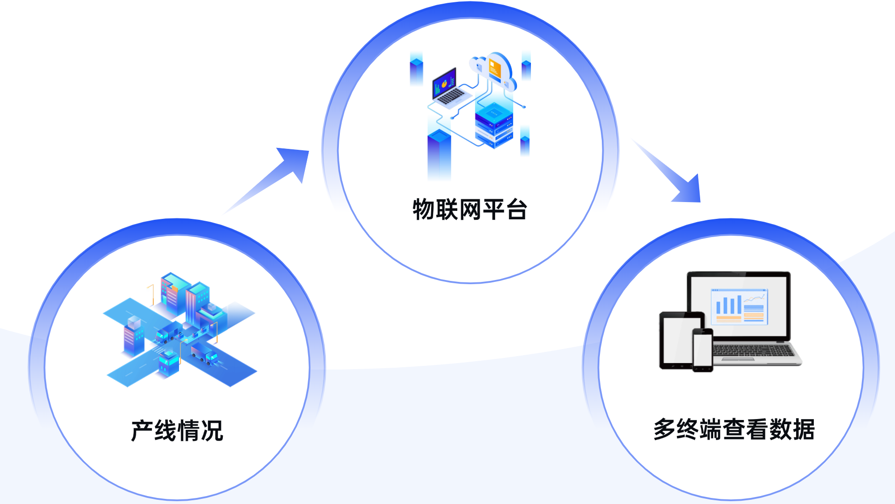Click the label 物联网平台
point(470,210)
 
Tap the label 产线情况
point(177,430)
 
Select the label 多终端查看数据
point(734,429)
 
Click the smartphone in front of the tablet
point(702,350)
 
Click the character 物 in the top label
point(424,210)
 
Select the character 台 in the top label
point(516,210)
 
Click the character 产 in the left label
point(142,430)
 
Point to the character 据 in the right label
point(803,429)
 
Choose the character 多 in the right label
point(664,429)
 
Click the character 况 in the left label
point(212,430)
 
